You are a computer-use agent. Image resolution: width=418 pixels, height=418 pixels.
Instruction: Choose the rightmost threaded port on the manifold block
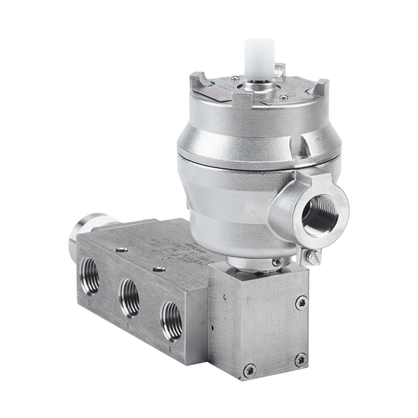point(170,311)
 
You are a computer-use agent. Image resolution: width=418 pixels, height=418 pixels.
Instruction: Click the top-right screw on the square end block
point(301,303)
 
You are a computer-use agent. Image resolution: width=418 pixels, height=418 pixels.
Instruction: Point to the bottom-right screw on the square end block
point(301,360)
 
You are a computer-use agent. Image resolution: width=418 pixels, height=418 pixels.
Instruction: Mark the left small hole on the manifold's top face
point(120,248)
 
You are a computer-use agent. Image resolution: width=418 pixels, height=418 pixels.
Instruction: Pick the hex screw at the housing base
point(276,262)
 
